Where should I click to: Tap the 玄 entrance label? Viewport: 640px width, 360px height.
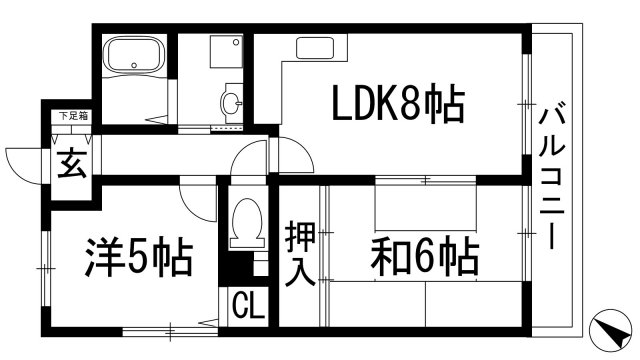69,162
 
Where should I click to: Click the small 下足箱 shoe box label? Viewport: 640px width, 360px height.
70,117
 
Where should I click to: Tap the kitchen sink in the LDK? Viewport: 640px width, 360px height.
312,48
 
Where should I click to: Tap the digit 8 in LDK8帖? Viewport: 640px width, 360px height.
413,103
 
